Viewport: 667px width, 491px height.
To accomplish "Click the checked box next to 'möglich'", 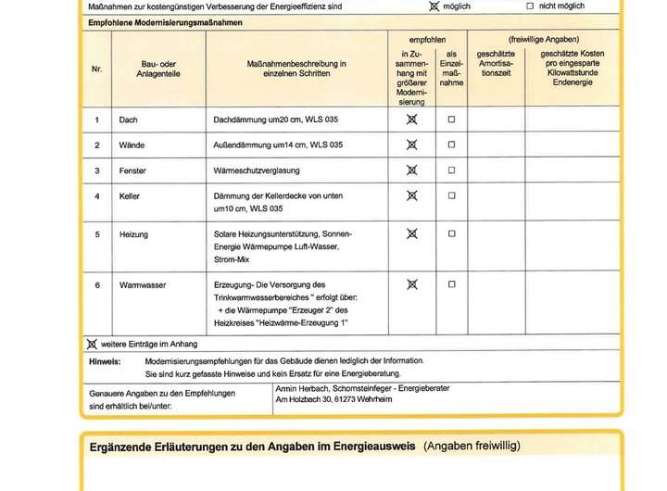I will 434,6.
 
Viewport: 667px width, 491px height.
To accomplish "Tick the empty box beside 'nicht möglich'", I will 530,6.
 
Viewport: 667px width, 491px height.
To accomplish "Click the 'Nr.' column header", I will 96,69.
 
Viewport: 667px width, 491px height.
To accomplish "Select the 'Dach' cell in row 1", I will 129,120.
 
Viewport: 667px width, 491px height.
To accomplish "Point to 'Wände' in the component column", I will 132,145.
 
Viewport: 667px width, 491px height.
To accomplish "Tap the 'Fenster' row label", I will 132,171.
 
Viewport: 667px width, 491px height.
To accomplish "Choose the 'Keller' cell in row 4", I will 130,196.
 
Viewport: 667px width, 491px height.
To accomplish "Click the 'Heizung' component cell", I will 133,234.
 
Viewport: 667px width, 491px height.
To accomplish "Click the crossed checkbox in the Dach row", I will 412,120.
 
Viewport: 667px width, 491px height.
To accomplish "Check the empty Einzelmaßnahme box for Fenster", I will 452,170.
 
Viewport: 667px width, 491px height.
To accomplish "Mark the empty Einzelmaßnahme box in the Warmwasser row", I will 452,285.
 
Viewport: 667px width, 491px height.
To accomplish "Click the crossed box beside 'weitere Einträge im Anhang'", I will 92,344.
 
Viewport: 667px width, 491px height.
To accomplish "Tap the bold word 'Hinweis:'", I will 105,361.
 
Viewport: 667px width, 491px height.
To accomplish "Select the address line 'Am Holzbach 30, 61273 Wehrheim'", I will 333,399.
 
